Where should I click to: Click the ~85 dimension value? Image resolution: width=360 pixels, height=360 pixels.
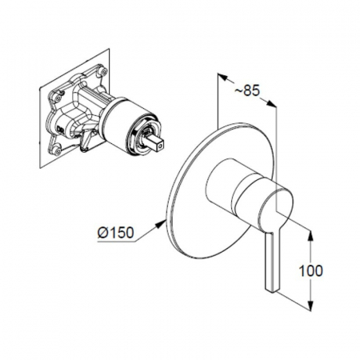pyautogui.click(x=247, y=91)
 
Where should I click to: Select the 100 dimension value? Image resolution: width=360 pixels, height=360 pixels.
pyautogui.click(x=310, y=270)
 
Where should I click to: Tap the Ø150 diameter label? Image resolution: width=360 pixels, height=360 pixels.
pyautogui.click(x=115, y=233)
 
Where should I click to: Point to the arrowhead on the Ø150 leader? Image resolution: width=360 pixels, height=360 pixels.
pyautogui.click(x=161, y=223)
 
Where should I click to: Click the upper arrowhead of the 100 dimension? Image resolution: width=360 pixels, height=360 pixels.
pyautogui.click(x=310, y=236)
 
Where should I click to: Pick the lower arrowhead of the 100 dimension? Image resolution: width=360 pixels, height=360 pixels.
pyautogui.click(x=310, y=306)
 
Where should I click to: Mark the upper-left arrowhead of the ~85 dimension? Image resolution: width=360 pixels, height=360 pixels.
pyautogui.click(x=223, y=77)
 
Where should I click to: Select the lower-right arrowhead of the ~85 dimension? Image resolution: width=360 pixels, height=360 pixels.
pyautogui.click(x=271, y=104)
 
